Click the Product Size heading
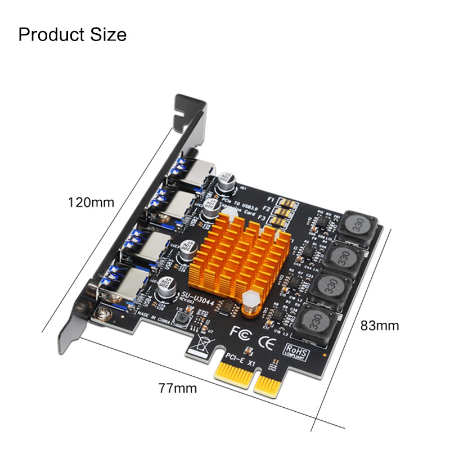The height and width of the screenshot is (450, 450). click(73, 34)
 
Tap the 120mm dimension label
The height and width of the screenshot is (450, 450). click(91, 202)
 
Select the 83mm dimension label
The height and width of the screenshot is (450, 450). click(380, 325)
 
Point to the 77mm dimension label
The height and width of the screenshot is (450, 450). click(177, 388)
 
